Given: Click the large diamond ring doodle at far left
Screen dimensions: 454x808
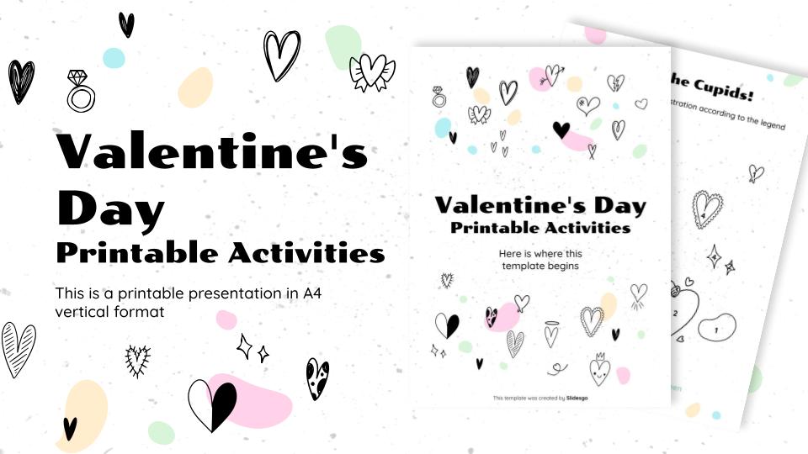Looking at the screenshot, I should (80, 91).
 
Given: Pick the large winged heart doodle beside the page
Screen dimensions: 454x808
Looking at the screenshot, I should (371, 72).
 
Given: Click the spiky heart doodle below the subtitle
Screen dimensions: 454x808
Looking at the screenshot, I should (136, 360).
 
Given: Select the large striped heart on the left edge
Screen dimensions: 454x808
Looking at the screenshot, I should (18, 348).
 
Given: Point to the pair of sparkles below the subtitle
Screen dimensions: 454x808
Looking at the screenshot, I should (252, 347).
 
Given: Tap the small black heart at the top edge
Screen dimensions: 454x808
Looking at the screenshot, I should (126, 24).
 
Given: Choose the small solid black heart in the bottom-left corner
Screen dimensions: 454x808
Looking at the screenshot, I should (70, 428).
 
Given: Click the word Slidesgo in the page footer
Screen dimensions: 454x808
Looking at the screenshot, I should (577, 398).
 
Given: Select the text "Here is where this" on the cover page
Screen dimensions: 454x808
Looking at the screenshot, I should (540, 253).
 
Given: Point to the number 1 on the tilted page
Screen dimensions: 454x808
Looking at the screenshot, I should (715, 330).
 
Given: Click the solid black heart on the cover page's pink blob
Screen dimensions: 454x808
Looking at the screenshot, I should (561, 129).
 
